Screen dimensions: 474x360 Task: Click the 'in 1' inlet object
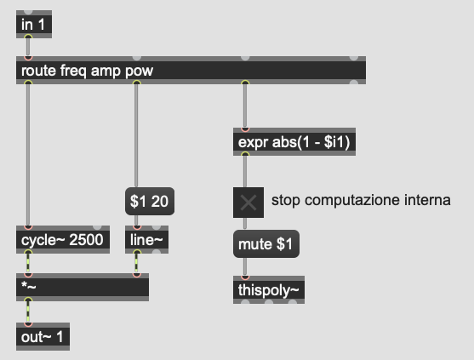(34, 24)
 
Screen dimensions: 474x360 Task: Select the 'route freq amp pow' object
(191, 70)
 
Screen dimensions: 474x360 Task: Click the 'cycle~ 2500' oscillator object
(63, 239)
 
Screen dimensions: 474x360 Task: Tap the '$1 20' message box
(150, 202)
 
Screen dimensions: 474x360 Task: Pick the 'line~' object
(146, 239)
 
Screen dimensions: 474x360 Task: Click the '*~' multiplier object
(83, 287)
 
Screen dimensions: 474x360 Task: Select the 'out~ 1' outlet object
(43, 337)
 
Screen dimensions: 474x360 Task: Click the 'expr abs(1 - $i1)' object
(294, 142)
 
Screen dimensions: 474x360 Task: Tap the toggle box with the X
(248, 203)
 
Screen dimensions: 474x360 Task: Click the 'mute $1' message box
(266, 244)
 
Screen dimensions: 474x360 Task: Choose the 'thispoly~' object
(269, 289)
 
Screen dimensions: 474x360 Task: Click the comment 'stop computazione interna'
(361, 200)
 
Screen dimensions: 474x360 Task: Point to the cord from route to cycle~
(28, 155)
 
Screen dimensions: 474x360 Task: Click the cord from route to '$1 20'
(136, 135)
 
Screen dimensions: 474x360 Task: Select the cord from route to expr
(245, 106)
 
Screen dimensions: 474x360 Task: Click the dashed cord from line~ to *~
(137, 263)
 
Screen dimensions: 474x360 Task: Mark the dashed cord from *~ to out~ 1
(28, 312)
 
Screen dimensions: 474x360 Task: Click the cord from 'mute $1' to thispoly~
(245, 266)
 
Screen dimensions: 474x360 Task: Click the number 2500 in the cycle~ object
(86, 240)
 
